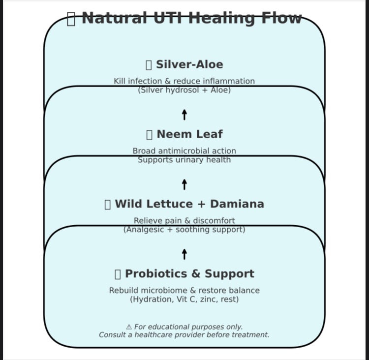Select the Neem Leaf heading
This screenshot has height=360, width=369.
tap(189, 134)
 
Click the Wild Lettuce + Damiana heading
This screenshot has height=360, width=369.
tap(189, 204)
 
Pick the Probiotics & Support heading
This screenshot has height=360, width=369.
tap(189, 274)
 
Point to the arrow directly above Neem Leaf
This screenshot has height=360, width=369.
tap(184, 115)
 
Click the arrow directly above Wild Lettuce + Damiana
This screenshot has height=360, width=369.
tap(184, 184)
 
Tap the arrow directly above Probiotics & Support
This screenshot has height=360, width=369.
tap(184, 254)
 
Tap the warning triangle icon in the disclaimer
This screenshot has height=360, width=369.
tap(129, 327)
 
